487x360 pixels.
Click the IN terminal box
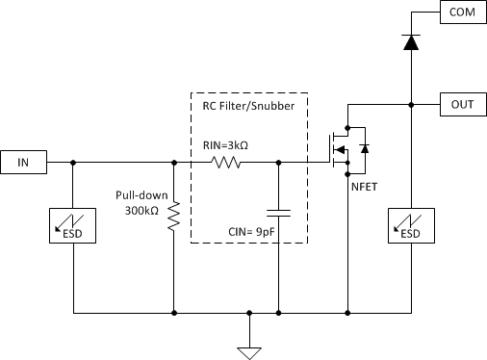point(24,163)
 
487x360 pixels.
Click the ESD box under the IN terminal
point(74,226)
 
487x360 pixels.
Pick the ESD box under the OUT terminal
point(411,226)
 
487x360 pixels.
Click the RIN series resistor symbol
point(226,163)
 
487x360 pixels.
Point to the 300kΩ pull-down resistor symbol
point(174,217)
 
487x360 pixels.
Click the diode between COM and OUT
point(411,41)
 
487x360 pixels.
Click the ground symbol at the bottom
point(250,350)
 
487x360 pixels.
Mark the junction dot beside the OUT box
point(411,103)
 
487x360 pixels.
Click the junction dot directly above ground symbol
point(250,313)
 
